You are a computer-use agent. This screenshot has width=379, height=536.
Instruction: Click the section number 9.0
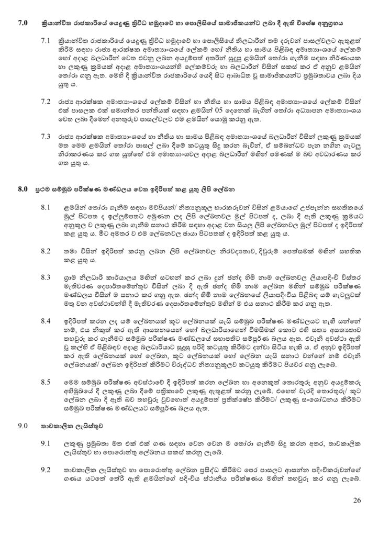pos(22,427)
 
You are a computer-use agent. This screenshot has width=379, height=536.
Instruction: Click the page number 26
pos(357,501)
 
